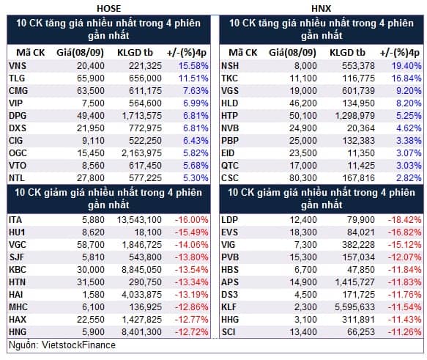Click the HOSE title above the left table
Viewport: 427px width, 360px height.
pos(108,9)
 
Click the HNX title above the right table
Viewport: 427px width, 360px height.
pos(321,9)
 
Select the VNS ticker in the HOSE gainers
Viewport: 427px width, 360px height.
pos(18,66)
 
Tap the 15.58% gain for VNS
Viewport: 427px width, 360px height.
pos(193,66)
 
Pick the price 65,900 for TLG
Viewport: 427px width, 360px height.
pos(91,78)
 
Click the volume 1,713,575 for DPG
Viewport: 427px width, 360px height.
pos(142,116)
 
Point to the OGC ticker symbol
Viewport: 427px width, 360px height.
pos(18,153)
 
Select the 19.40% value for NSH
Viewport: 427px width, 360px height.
pos(406,66)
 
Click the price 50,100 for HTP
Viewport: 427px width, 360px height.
pos(303,116)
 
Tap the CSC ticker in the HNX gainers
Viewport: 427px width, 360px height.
pos(230,178)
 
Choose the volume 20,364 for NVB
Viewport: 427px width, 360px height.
pos(361,128)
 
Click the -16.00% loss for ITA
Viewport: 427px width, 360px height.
pos(192,220)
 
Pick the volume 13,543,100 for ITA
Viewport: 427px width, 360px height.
pos(139,220)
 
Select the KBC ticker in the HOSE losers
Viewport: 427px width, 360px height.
pos(18,270)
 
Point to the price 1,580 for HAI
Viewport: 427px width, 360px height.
pos(94,295)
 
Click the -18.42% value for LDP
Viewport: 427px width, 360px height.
pos(405,220)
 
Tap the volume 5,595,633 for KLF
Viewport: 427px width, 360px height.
pos(354,307)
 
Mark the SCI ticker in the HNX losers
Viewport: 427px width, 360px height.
pos(229,332)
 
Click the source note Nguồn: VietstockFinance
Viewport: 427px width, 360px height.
pos(62,345)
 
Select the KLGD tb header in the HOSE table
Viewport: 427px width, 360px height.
pos(135,53)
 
